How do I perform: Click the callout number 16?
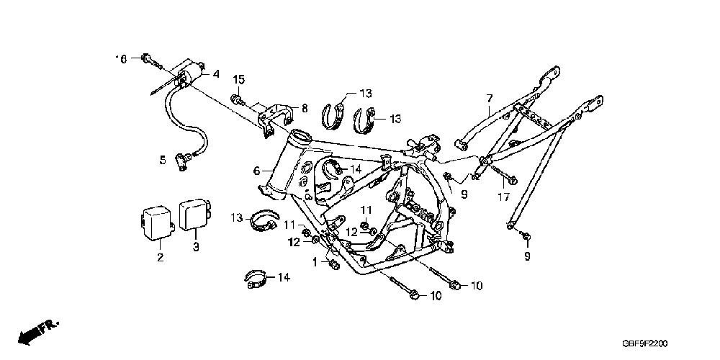pos(122,59)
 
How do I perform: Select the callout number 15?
pos(238,78)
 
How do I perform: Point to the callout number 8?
pos(304,109)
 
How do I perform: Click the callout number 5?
pos(162,158)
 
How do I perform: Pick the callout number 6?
pos(256,171)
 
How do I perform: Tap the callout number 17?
pos(504,196)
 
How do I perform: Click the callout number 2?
pos(160,257)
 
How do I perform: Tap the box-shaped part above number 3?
pos(194,214)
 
